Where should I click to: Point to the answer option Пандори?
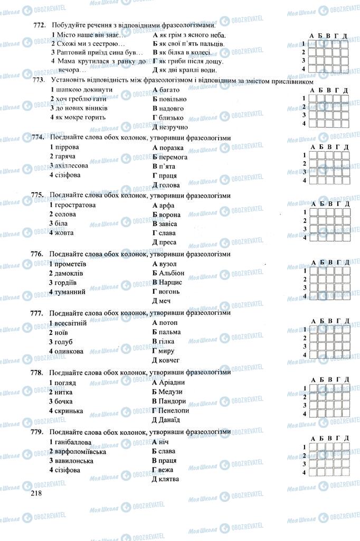(172, 401)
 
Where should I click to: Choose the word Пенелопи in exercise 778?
(174, 411)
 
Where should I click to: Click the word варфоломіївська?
(80, 452)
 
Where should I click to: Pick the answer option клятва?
(168, 479)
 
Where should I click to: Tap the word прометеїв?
(70, 264)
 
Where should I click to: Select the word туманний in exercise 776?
(70, 292)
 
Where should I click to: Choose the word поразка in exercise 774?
(170, 147)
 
